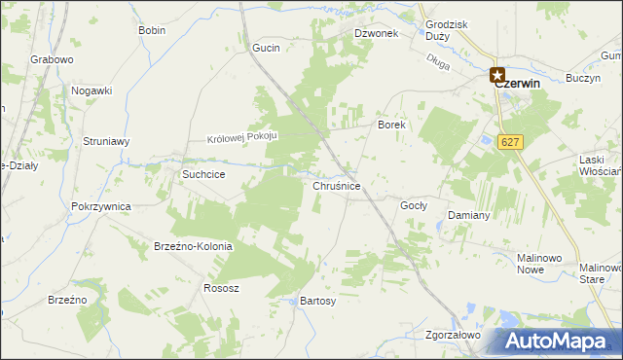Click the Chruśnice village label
(338, 185)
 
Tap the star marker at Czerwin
(497, 73)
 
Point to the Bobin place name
(152, 30)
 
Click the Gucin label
(266, 48)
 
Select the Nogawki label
(92, 90)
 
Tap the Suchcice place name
(204, 174)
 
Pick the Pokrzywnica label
(101, 206)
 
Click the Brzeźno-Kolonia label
(193, 246)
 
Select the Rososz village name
(221, 288)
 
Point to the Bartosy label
(318, 302)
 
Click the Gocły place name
(415, 206)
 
